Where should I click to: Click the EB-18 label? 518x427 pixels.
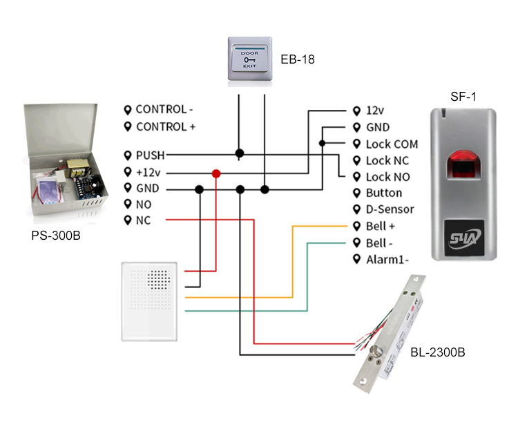click(x=297, y=59)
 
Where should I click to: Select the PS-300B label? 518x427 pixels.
click(x=56, y=235)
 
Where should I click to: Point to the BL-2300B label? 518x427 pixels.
click(x=437, y=353)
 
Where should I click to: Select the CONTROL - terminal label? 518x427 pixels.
click(x=164, y=110)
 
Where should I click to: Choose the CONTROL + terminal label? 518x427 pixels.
click(x=165, y=127)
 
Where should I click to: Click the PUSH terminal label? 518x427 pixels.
click(x=150, y=155)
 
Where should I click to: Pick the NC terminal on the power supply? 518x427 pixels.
click(x=143, y=220)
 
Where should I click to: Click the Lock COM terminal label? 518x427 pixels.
click(x=392, y=144)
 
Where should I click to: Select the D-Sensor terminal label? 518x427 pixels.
click(x=390, y=209)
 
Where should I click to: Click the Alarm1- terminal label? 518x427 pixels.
click(x=387, y=259)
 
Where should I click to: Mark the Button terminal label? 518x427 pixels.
click(x=383, y=193)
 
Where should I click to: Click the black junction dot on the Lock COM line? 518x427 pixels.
click(x=322, y=144)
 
